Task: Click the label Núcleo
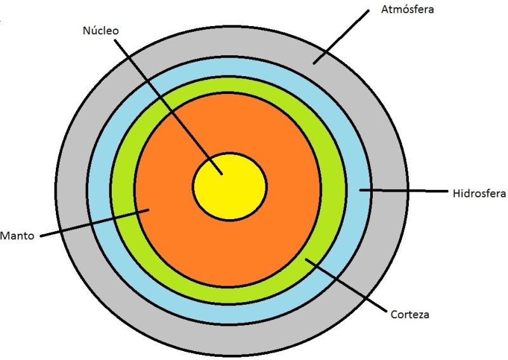(x=101, y=30)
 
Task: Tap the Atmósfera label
(x=407, y=10)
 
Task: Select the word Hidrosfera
(x=479, y=194)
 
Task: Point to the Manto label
(x=17, y=236)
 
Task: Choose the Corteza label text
(x=410, y=314)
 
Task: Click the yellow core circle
(x=230, y=187)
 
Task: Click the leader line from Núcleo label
(x=168, y=107)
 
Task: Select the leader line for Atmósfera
(x=341, y=37)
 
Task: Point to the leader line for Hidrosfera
(x=403, y=190)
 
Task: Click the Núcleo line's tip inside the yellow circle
(x=222, y=174)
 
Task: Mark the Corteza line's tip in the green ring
(x=306, y=259)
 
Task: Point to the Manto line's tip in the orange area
(x=149, y=210)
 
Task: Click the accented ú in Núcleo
(x=93, y=30)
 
